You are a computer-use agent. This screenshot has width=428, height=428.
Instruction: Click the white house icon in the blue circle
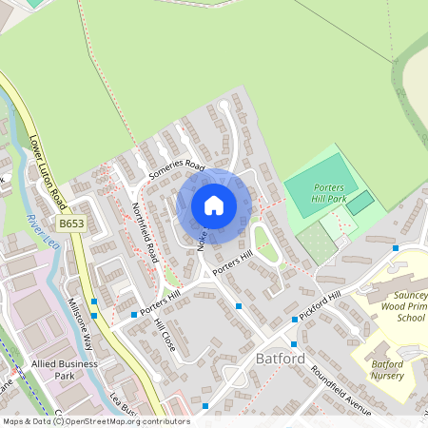pos(214,204)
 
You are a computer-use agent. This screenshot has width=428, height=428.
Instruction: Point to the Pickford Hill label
pos(320,306)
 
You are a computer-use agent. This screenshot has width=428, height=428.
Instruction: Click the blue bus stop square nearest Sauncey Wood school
pos(395,248)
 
